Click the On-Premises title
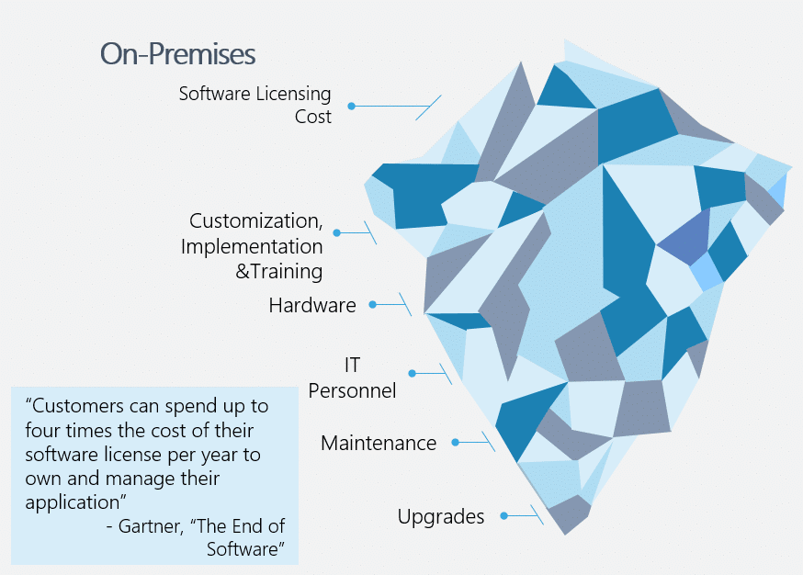(x=177, y=54)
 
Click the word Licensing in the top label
(x=293, y=95)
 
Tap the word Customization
(x=256, y=220)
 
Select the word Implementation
(x=252, y=247)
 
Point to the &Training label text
(x=278, y=271)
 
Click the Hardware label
(x=312, y=306)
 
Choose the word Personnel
(x=352, y=391)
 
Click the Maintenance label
(x=379, y=444)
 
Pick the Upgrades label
(x=441, y=517)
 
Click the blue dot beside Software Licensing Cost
(x=351, y=106)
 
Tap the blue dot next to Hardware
(x=373, y=305)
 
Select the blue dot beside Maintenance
(x=456, y=442)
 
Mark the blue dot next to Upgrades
(x=504, y=515)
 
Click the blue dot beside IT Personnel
(x=413, y=373)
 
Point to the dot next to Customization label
(x=337, y=233)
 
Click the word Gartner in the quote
(x=151, y=526)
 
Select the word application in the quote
(x=73, y=502)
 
